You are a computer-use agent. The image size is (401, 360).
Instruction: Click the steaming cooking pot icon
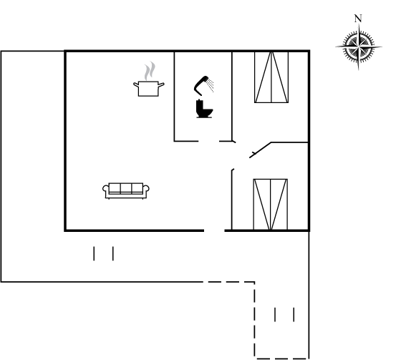149,79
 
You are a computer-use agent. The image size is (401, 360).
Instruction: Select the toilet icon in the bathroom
204,109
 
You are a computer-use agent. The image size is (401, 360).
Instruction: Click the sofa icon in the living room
126,191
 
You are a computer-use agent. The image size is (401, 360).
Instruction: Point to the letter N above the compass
358,19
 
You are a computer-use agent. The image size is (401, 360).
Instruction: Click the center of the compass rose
359,47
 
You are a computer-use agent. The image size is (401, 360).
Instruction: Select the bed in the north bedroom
271,77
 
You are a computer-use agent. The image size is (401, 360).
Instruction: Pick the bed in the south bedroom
271,204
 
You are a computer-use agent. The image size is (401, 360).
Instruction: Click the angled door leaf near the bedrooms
260,150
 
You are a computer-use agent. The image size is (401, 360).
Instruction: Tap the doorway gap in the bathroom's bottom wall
209,141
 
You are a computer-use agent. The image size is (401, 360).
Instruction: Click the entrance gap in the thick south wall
214,230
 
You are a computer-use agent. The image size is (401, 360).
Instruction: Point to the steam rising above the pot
150,71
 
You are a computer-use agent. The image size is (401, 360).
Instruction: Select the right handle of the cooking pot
161,84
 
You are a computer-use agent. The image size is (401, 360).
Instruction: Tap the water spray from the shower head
211,85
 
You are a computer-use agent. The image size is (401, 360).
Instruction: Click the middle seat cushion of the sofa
126,188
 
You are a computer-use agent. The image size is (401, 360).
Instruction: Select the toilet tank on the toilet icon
200,107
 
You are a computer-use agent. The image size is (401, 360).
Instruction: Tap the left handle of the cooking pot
136,84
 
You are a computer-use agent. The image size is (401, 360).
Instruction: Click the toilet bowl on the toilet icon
208,112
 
